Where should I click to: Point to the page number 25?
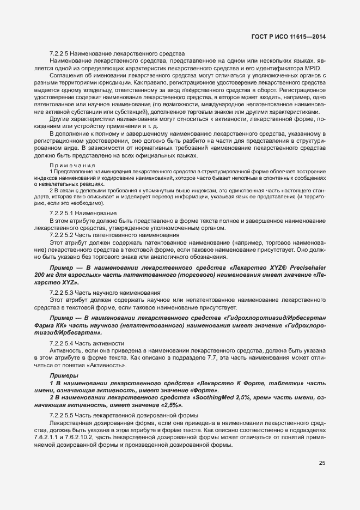[322, 464]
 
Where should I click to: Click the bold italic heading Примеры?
[64, 377]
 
